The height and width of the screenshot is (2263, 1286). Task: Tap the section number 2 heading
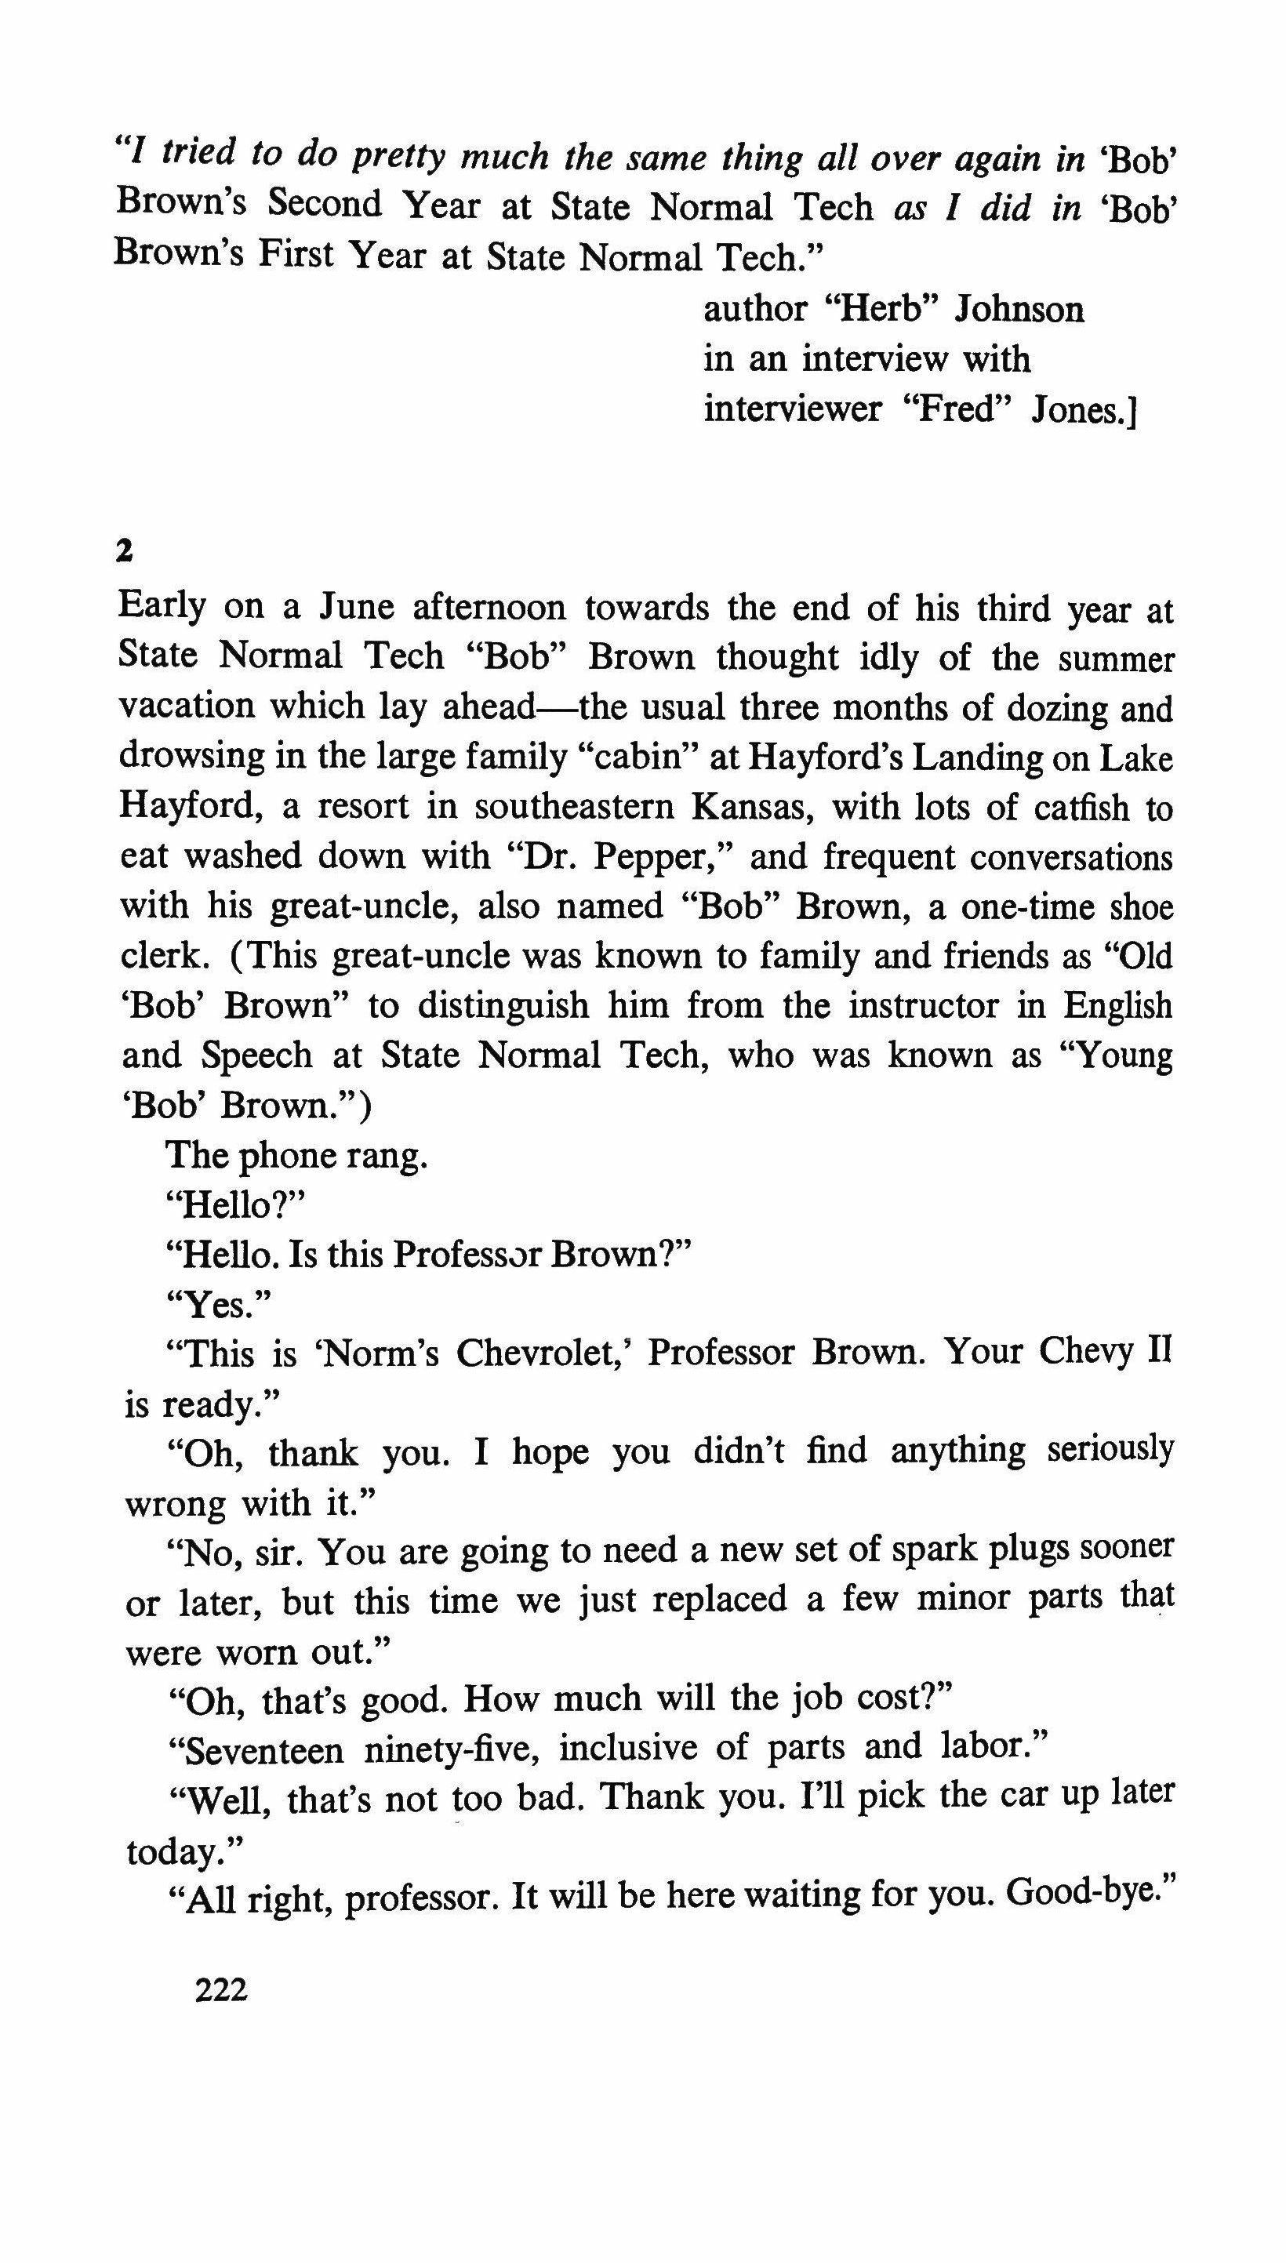(124, 552)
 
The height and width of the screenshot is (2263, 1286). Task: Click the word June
(354, 608)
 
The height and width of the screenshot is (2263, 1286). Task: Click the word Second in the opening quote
(325, 205)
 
